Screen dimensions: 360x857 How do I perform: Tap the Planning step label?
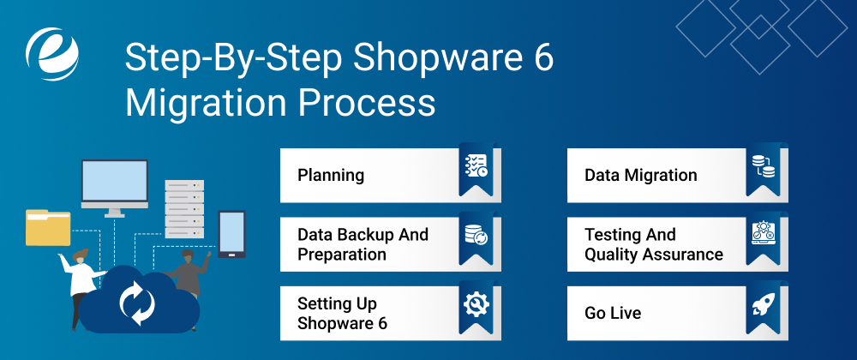point(331,176)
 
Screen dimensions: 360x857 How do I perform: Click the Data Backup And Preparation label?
point(363,244)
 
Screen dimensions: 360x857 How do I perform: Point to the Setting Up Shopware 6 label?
point(342,314)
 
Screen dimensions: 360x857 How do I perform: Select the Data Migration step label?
point(641,176)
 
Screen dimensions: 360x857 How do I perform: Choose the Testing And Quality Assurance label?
point(654,244)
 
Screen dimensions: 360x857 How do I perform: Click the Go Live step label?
point(613,314)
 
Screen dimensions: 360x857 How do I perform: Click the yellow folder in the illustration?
point(48,227)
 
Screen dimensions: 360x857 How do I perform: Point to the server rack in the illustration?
point(184,210)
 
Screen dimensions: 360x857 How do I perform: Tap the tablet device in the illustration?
point(231,233)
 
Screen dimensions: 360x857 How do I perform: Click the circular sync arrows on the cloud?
point(137,302)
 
